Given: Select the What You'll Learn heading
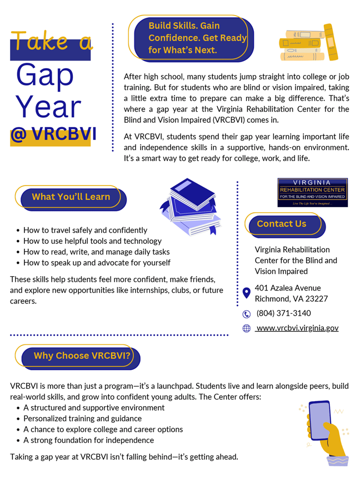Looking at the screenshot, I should point(71,197).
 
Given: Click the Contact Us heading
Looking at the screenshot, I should point(282,224).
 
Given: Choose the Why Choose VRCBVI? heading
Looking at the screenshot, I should point(82,356).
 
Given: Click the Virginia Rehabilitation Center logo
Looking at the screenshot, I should point(312,192).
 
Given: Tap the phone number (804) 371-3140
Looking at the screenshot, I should point(283,313).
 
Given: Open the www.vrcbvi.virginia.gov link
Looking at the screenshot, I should point(297,328).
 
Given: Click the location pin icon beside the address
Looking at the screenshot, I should point(247,293).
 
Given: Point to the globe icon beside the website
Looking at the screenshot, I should point(247,328).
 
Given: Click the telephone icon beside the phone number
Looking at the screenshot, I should point(247,314).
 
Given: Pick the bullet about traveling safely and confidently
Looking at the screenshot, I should point(85,230).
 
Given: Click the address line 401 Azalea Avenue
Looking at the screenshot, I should point(288,288).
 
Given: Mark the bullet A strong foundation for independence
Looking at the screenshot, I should point(88,440).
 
